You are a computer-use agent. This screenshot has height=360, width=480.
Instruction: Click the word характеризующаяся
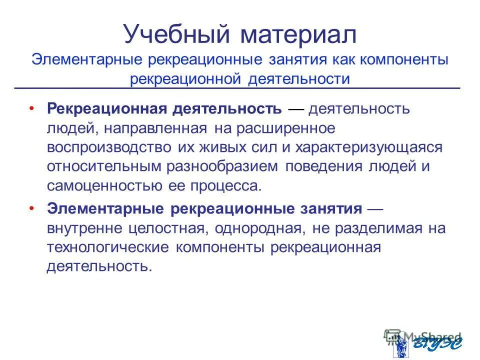pos(369,147)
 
